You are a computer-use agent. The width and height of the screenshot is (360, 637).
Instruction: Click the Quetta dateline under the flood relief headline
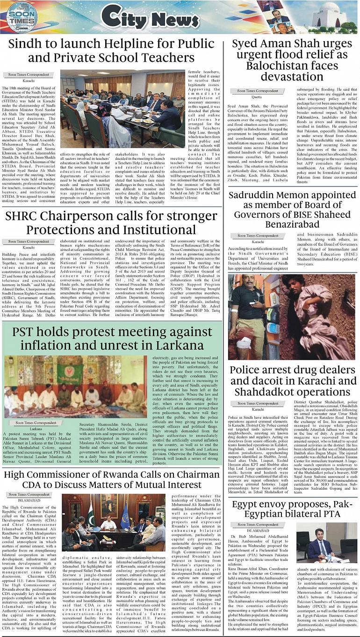(257, 97)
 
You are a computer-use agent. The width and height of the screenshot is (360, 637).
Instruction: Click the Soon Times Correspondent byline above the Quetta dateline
(257, 91)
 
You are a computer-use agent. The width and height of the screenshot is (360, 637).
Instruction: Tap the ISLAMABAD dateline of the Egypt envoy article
(257, 530)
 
